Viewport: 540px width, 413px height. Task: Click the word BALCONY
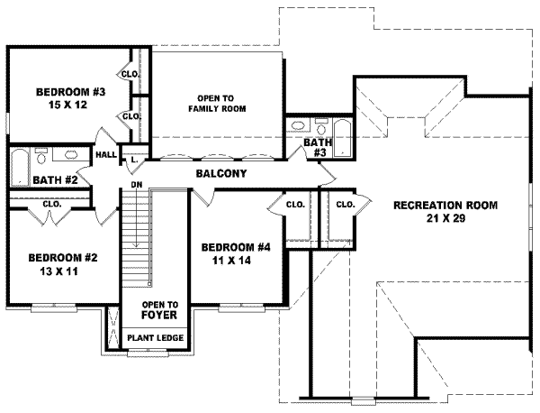coord(220,173)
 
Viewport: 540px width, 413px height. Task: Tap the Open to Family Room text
coord(217,103)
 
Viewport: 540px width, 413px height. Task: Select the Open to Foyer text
coord(159,310)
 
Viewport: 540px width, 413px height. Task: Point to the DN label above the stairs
coord(137,185)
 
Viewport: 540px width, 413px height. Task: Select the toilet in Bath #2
coord(41,155)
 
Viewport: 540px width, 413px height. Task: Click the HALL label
coord(105,155)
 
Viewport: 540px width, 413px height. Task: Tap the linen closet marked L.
coord(133,159)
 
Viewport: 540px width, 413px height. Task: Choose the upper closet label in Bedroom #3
coord(129,73)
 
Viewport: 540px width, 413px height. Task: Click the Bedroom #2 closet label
coord(50,204)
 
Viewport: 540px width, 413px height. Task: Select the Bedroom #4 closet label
coord(294,205)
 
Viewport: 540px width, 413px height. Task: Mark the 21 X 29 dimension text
coord(445,219)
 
